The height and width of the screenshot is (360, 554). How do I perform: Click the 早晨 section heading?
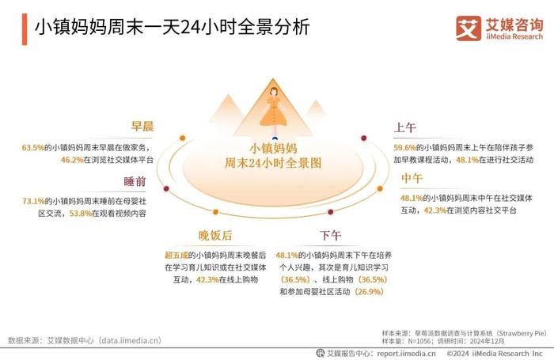[x=142, y=126]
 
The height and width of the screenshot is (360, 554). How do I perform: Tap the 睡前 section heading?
[x=135, y=182]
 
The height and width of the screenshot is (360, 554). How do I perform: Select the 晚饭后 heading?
[x=215, y=235]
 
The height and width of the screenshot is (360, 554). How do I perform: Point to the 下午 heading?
[x=330, y=235]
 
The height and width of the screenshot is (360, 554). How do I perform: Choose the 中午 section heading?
[x=412, y=178]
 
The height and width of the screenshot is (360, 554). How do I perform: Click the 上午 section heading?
[x=405, y=127]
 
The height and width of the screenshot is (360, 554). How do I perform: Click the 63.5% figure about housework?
[x=33, y=148]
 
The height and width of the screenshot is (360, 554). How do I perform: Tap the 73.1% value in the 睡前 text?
[x=33, y=202]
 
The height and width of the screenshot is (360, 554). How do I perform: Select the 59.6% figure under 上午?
[x=405, y=148]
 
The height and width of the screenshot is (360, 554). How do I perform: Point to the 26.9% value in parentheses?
[x=370, y=292]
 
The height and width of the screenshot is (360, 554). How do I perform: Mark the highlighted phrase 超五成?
[x=176, y=255]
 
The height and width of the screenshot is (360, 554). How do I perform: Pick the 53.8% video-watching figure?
[x=81, y=214]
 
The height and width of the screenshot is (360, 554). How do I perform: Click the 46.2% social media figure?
[x=72, y=160]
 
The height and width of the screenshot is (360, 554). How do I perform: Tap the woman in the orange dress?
[x=274, y=112]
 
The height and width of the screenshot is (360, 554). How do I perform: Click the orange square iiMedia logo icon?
[x=469, y=28]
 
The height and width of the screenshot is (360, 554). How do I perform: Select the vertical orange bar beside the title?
[x=25, y=29]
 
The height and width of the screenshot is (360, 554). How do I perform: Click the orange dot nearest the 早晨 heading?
[x=182, y=138]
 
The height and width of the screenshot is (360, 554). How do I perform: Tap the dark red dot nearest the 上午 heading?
[x=363, y=138]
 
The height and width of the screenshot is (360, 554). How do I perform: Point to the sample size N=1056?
[x=419, y=341]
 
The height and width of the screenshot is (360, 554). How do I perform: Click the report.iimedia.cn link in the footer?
[x=406, y=354]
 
